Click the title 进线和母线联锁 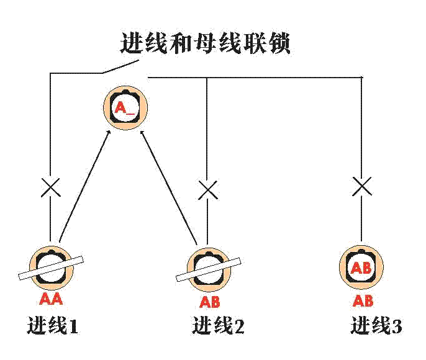(204, 44)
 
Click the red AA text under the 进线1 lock (52, 299)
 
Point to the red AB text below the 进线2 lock (210, 302)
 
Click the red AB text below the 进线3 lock (363, 301)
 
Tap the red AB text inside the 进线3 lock (362, 269)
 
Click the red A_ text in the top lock (124, 107)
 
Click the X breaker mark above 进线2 (207, 190)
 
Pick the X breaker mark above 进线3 (362, 186)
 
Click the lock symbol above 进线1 (52, 268)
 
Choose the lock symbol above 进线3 (362, 268)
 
